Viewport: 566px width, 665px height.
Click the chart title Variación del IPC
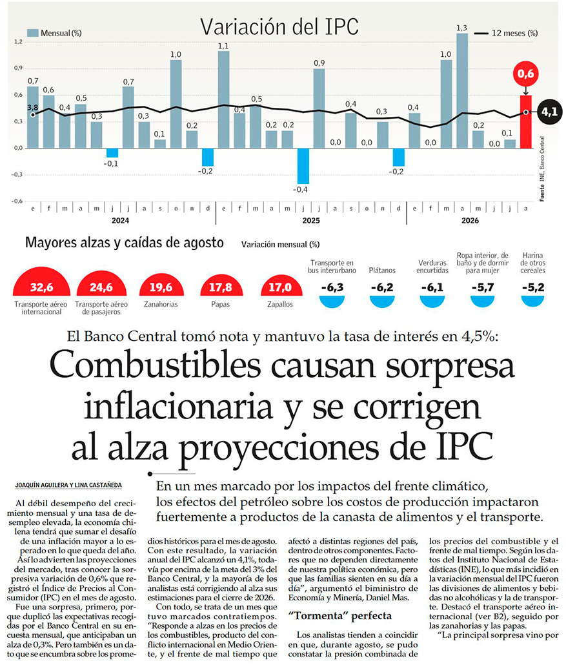tap(279, 26)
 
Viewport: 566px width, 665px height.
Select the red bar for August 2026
tap(526, 122)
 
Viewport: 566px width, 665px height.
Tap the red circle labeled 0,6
tap(526, 74)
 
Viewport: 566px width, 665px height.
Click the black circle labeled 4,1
tap(549, 112)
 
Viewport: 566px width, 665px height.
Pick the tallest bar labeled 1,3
tap(462, 91)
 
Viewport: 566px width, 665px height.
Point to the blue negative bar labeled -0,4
tap(303, 166)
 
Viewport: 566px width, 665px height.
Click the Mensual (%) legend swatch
tap(33, 33)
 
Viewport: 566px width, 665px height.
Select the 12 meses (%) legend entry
tap(506, 33)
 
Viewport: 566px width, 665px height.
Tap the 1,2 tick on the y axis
tap(18, 41)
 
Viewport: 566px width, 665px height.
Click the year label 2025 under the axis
tap(311, 221)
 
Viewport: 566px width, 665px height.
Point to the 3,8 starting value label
tap(33, 108)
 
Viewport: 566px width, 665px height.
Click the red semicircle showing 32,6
tap(41, 281)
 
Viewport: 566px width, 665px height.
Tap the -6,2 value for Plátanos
tap(382, 287)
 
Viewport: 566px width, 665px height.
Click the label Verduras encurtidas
tap(432, 267)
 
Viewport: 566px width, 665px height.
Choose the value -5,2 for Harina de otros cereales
tap(533, 287)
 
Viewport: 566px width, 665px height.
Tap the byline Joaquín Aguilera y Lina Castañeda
tap(68, 485)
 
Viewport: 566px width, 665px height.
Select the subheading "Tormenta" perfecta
tap(340, 616)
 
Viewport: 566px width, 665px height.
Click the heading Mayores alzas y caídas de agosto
tap(124, 243)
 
